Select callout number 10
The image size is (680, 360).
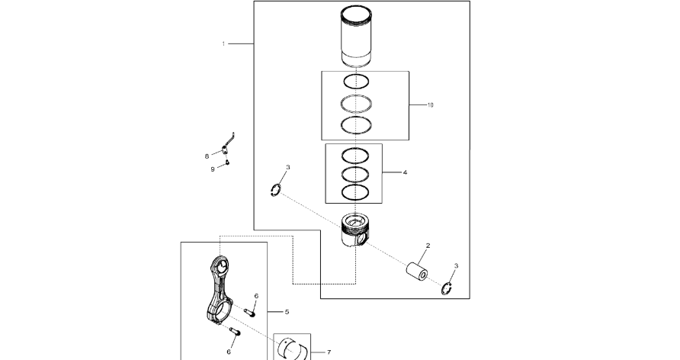[430, 105]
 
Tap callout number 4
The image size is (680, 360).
[405, 172]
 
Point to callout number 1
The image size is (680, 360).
[223, 44]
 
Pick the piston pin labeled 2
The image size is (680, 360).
[417, 272]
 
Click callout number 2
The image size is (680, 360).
[428, 246]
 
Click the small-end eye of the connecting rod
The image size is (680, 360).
[222, 268]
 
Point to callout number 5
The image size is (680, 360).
[287, 312]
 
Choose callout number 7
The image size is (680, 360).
[329, 352]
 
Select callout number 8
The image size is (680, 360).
[207, 156]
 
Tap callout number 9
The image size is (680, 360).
[213, 169]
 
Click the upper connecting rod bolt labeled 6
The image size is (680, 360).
[249, 310]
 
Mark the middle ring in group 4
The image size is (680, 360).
[358, 173]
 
